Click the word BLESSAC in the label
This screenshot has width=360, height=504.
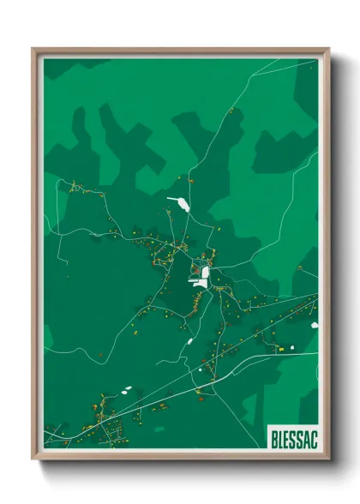click(x=293, y=437)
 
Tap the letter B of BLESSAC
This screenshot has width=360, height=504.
click(x=273, y=437)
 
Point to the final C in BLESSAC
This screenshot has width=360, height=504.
click(x=313, y=437)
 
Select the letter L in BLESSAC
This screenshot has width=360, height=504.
click(x=280, y=437)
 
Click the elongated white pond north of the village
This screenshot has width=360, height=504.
click(x=180, y=204)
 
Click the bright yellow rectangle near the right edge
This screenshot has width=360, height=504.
click(x=279, y=348)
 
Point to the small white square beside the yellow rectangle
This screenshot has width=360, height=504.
click(x=291, y=347)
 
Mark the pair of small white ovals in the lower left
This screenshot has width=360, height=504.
click(x=127, y=390)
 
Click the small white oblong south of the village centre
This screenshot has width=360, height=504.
click(x=189, y=341)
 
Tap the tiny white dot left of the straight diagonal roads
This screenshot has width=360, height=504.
click(x=201, y=370)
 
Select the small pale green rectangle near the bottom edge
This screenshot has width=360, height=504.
click(x=159, y=429)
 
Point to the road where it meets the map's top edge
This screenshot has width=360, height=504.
click(x=255, y=59)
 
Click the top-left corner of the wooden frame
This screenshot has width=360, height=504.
click(x=33, y=49)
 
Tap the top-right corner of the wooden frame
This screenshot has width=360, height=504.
click(x=328, y=49)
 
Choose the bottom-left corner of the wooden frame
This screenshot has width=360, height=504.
click(x=33, y=458)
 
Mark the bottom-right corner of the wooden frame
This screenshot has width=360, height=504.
click(x=328, y=458)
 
